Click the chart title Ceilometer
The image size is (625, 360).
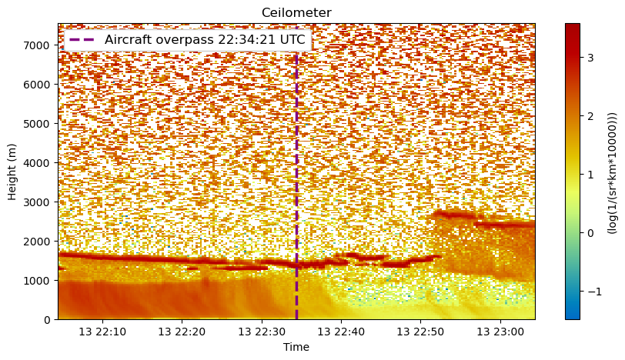click(296, 13)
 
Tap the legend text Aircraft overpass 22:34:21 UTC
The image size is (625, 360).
click(205, 40)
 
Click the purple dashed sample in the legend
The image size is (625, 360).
click(82, 40)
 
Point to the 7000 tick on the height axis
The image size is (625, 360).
click(35, 45)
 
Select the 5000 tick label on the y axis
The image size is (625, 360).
click(35, 123)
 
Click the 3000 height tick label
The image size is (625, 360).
click(35, 202)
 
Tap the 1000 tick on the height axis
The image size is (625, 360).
click(35, 280)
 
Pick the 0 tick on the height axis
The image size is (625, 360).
click(48, 320)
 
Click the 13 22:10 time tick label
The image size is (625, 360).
click(102, 332)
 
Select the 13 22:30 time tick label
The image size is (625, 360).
click(262, 332)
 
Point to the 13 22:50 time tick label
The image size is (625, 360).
click(420, 332)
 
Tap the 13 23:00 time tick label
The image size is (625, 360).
click(500, 332)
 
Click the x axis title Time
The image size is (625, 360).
click(296, 347)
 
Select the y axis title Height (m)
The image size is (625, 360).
click(12, 172)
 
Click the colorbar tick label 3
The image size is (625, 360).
click(590, 58)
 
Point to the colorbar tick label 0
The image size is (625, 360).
click(590, 233)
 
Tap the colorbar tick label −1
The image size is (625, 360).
click(594, 292)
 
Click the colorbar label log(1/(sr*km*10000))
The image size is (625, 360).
click(612, 172)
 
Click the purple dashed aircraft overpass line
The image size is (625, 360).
click(296, 187)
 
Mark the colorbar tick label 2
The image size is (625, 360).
click(590, 116)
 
